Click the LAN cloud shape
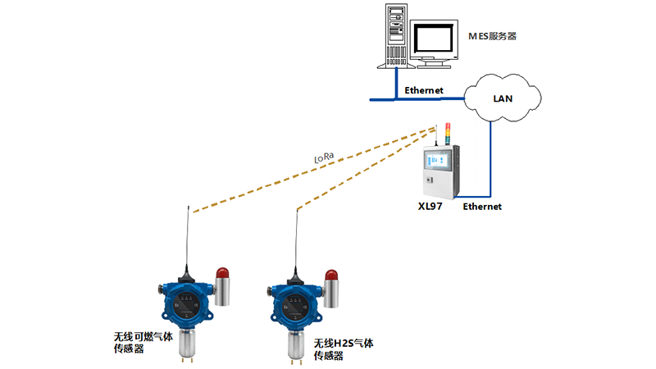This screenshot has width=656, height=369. (x=503, y=98)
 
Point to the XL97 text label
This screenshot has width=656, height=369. (x=430, y=207)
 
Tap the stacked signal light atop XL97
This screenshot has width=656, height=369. (x=447, y=133)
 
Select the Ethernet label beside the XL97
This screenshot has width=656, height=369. (x=482, y=207)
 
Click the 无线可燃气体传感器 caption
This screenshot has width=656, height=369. (x=143, y=343)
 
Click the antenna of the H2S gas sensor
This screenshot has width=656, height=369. (x=298, y=243)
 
